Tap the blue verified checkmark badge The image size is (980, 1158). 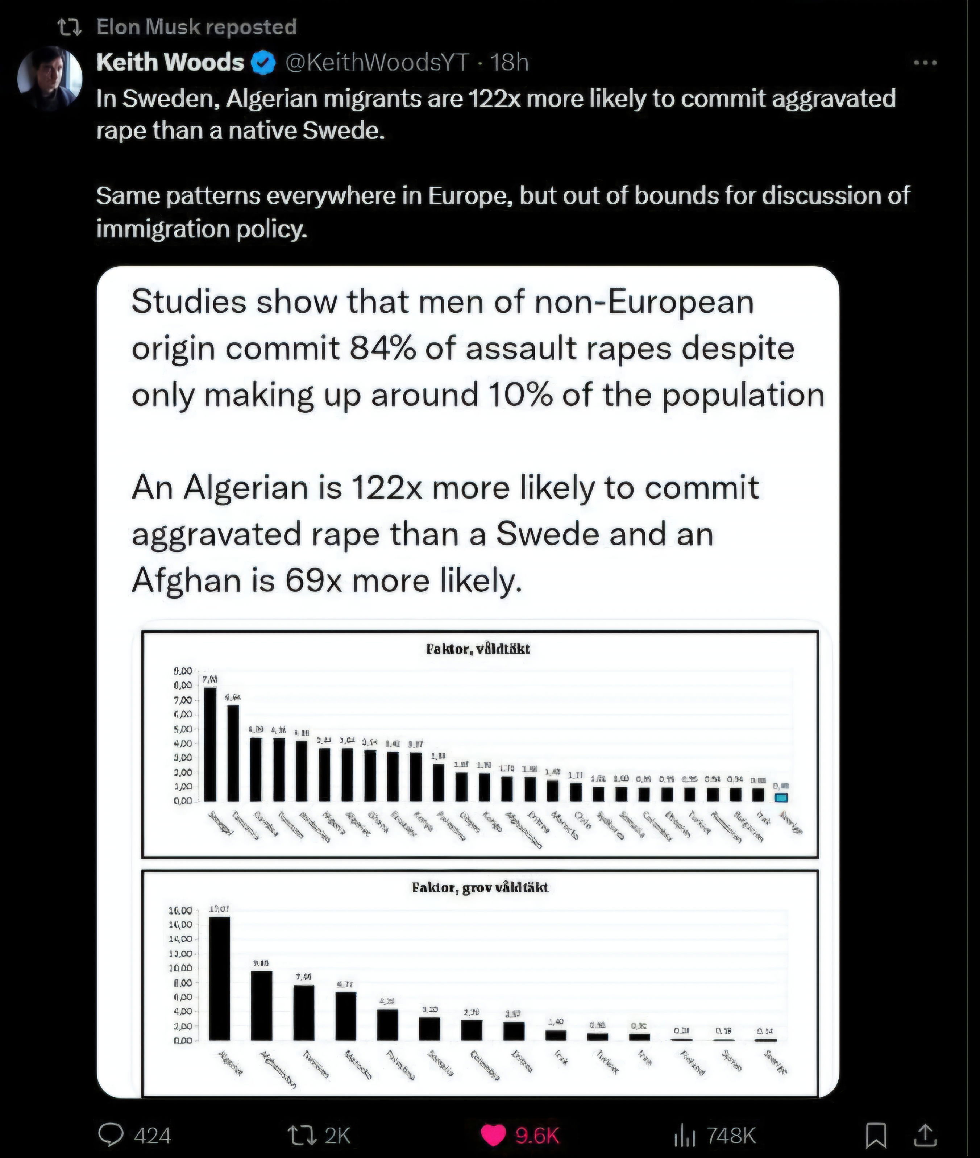pyautogui.click(x=263, y=63)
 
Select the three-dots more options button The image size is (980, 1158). pyautogui.click(x=925, y=63)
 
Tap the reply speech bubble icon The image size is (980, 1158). pyautogui.click(x=111, y=1135)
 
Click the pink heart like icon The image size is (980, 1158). pyautogui.click(x=493, y=1135)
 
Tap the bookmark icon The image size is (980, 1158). pyautogui.click(x=876, y=1135)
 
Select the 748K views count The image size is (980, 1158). pyautogui.click(x=731, y=1135)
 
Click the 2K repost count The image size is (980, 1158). pyautogui.click(x=337, y=1135)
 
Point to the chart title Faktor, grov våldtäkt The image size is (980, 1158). pyautogui.click(x=479, y=887)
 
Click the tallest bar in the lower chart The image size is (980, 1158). pyautogui.click(x=219, y=978)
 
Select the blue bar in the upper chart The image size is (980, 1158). pyautogui.click(x=781, y=797)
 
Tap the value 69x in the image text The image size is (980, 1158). pyautogui.click(x=314, y=580)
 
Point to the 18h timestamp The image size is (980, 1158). pyautogui.click(x=509, y=63)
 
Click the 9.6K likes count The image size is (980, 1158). pyautogui.click(x=537, y=1135)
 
